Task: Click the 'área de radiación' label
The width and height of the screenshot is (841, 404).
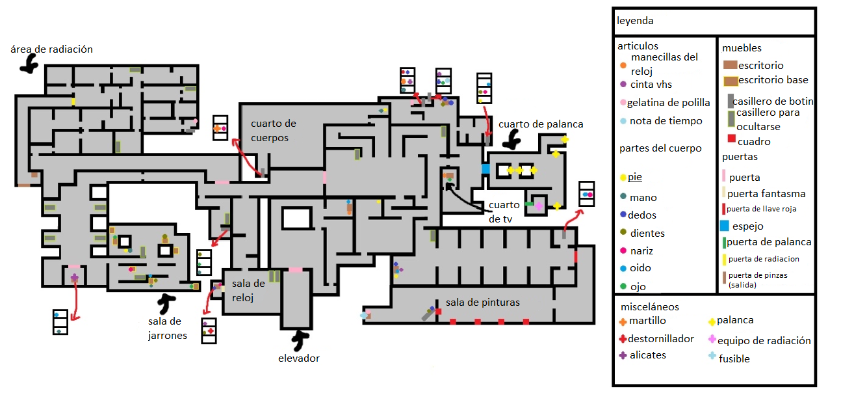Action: pyautogui.click(x=51, y=49)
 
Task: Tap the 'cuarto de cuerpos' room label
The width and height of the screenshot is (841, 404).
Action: pyautogui.click(x=274, y=130)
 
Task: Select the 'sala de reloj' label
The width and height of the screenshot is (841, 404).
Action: pyautogui.click(x=248, y=290)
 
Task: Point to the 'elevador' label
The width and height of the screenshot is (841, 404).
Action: pyautogui.click(x=299, y=358)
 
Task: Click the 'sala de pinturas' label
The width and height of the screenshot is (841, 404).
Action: pyautogui.click(x=482, y=303)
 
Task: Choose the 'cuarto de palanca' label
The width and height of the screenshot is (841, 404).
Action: pyautogui.click(x=541, y=124)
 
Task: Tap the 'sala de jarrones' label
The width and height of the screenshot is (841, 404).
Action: pyautogui.click(x=168, y=328)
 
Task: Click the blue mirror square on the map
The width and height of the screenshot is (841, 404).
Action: pyautogui.click(x=485, y=168)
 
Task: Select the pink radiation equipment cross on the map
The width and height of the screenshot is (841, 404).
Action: pyautogui.click(x=539, y=206)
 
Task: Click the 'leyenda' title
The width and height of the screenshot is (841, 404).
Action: pyautogui.click(x=635, y=21)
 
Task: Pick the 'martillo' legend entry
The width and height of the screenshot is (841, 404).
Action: pyautogui.click(x=643, y=321)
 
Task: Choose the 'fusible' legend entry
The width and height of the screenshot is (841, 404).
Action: pyautogui.click(x=729, y=358)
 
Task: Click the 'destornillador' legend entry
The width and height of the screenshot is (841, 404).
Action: pyautogui.click(x=656, y=338)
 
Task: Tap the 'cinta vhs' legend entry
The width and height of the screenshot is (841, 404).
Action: pyautogui.click(x=646, y=85)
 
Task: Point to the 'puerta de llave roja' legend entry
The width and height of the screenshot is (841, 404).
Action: pyautogui.click(x=759, y=209)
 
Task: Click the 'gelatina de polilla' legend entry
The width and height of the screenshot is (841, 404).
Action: pyautogui.click(x=665, y=103)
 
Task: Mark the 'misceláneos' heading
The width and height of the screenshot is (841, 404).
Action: pyautogui.click(x=650, y=307)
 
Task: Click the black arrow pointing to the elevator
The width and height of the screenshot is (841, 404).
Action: pyautogui.click(x=300, y=340)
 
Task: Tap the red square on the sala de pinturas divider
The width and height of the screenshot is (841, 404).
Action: pyautogui.click(x=438, y=312)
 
